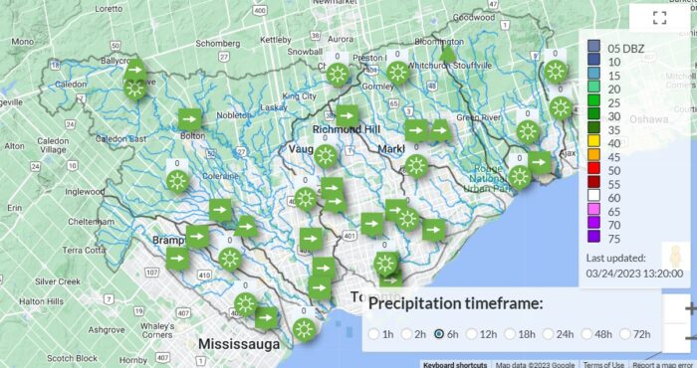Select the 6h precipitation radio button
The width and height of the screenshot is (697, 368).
[x=439, y=334]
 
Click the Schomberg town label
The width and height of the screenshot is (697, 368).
[x=219, y=44]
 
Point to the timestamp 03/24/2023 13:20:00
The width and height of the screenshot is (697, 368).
[x=633, y=273]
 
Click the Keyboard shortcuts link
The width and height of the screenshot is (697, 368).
[x=455, y=364]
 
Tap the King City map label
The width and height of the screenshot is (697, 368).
[x=299, y=96]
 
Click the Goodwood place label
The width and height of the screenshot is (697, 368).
[x=473, y=17]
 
